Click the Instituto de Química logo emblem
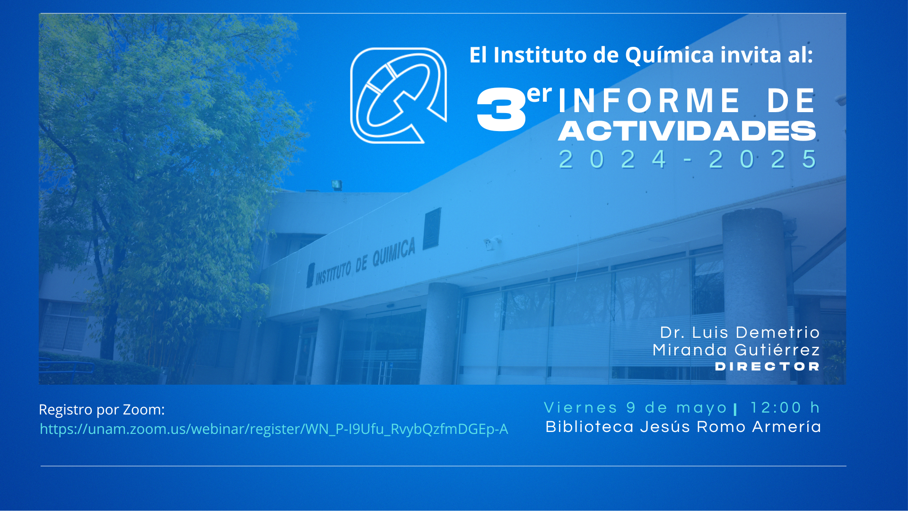click(x=398, y=96)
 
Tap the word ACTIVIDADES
click(x=687, y=131)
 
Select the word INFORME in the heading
click(x=649, y=100)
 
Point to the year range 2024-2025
click(x=688, y=159)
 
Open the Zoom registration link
click(x=274, y=429)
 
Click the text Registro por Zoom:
click(x=102, y=410)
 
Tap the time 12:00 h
click(x=785, y=407)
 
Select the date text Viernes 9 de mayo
click(x=636, y=407)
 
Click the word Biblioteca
click(x=589, y=427)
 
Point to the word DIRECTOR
click(x=767, y=367)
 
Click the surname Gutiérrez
click(x=777, y=350)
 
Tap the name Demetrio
click(x=777, y=333)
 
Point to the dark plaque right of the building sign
click(x=432, y=229)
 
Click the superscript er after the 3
click(x=539, y=94)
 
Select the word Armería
click(x=787, y=427)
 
